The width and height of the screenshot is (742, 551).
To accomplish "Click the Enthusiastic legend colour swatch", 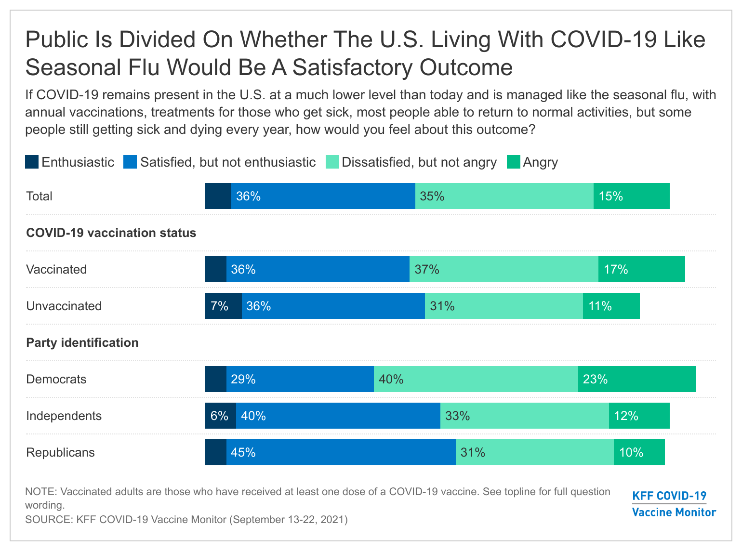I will (32, 162).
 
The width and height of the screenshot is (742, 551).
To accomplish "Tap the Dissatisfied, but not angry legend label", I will (419, 162).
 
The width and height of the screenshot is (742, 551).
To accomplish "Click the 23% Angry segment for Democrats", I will (636, 379).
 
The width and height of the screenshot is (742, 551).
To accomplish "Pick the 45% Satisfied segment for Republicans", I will (341, 452).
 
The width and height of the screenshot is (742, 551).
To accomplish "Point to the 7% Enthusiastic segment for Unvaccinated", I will (223, 306).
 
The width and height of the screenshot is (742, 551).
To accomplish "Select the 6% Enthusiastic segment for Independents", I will (220, 416).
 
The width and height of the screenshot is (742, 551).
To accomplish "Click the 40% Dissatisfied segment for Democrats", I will (476, 379).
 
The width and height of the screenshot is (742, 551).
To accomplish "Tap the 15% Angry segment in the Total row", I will (631, 196).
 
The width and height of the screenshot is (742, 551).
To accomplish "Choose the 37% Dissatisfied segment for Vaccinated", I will (503, 269).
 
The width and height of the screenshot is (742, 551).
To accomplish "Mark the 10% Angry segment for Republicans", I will (639, 452).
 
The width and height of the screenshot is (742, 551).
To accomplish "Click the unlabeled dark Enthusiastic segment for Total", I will (218, 196).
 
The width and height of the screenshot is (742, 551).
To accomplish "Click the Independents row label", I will (64, 416).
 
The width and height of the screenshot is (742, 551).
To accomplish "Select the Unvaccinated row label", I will (64, 306).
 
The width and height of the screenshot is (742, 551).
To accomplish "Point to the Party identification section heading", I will (82, 342).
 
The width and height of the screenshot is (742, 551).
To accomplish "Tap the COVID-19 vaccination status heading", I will (111, 233).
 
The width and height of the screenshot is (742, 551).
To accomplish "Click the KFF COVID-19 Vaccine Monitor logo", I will (674, 504).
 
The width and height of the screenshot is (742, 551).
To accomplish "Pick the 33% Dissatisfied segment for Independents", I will (524, 416).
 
